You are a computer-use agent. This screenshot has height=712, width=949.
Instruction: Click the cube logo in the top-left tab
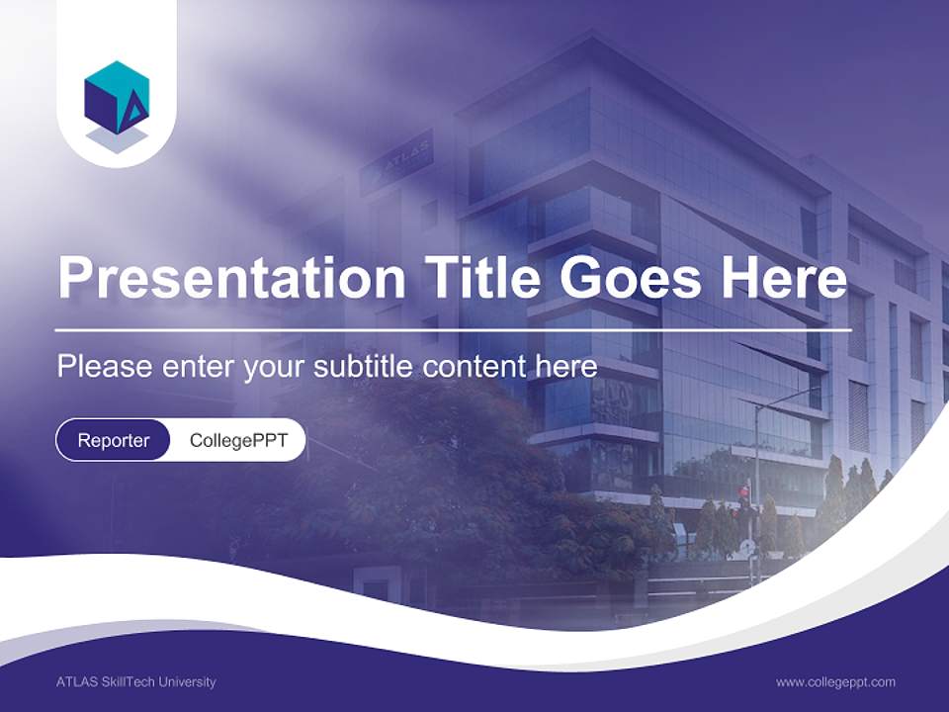(117, 98)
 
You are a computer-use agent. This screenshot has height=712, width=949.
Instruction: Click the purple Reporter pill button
(113, 440)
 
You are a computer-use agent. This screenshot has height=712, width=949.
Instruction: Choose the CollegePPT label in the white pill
(238, 440)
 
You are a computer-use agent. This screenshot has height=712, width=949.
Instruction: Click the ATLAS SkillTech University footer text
(136, 681)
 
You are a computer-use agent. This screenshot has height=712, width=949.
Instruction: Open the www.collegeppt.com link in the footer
(835, 681)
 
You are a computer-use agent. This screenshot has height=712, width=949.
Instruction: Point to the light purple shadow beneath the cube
(117, 141)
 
